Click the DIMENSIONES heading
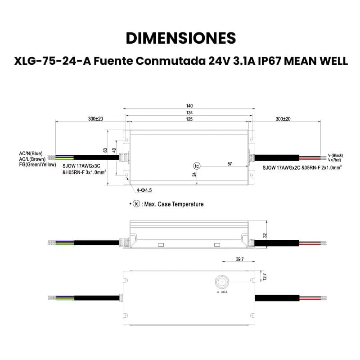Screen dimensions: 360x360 click(x=181, y=38)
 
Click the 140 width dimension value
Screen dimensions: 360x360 click(x=189, y=106)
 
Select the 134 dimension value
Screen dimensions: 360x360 click(x=189, y=112)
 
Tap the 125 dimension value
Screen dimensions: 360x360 click(x=189, y=119)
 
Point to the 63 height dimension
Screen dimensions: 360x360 click(x=105, y=150)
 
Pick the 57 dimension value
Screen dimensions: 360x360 click(x=229, y=164)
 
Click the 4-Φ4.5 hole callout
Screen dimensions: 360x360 click(x=144, y=190)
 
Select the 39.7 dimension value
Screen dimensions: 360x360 click(x=240, y=259)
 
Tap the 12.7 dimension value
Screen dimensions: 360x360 click(x=265, y=277)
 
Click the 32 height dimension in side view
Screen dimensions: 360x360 click(x=265, y=235)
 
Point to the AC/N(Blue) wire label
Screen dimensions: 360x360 click(x=31, y=153)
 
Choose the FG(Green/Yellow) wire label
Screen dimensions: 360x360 click(x=37, y=164)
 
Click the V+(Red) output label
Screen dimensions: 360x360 click(x=334, y=160)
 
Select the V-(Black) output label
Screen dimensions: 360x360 click(x=335, y=155)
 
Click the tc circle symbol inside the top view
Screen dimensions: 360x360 click(x=197, y=166)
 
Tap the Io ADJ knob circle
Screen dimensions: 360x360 click(x=222, y=282)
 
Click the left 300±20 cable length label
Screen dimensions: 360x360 click(x=95, y=119)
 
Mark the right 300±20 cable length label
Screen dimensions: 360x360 click(x=283, y=119)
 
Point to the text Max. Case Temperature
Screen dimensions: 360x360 click(x=174, y=204)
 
